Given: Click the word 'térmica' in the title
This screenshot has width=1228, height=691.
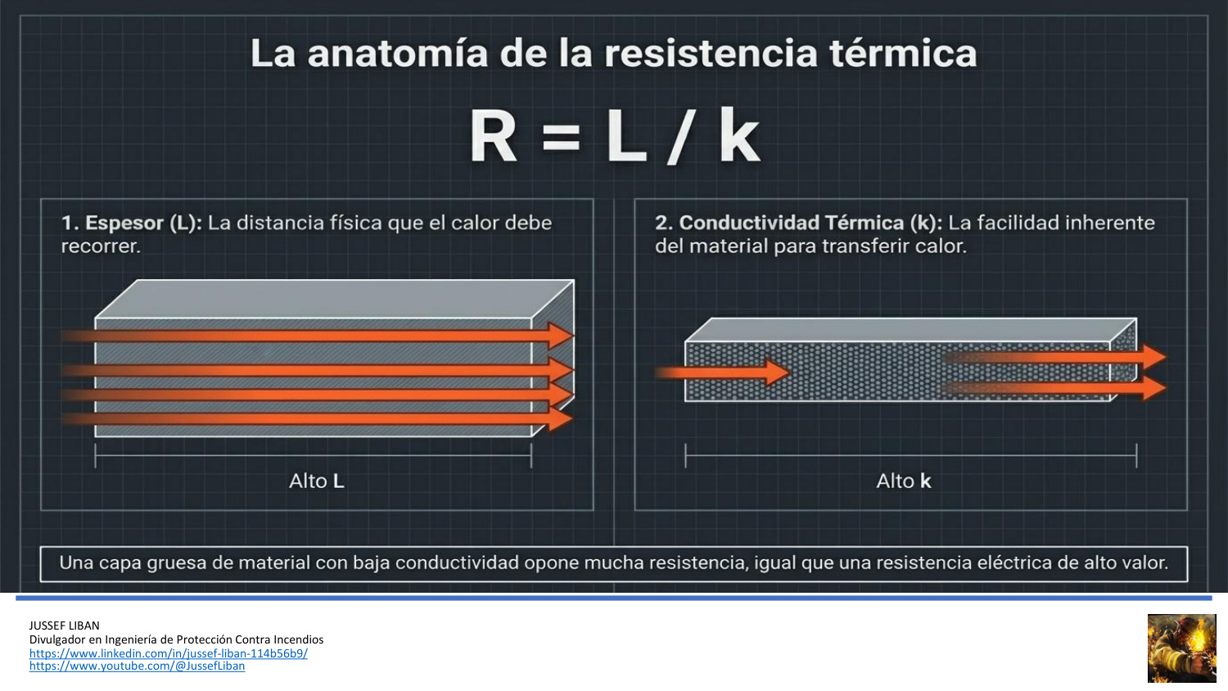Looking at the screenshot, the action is point(903,53).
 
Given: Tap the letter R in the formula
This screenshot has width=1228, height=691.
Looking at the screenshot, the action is point(492,136).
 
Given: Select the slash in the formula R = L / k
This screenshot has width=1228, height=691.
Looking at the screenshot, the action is point(679,137).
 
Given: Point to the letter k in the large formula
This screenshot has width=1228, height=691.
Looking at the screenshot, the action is point(739,135).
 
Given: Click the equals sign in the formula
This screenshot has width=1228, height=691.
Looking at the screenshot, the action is point(560,137).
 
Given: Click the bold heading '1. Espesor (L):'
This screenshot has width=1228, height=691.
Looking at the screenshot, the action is point(132,223).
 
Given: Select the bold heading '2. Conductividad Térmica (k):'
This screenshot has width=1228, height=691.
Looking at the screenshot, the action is point(798,223).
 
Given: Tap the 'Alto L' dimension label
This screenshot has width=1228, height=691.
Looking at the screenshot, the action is point(316,481).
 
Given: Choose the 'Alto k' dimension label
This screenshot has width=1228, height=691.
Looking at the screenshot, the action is point(903,481).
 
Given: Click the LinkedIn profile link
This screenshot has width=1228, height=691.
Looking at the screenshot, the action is point(169,653).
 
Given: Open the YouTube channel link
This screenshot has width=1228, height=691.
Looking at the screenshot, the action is point(137,666).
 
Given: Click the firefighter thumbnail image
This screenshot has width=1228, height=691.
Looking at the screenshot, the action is point(1181,648).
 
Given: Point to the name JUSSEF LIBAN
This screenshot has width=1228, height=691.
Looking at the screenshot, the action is point(64,626).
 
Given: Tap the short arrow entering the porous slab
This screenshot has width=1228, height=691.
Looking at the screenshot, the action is point(723,373).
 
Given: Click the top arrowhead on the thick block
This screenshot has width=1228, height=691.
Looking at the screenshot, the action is point(560,335).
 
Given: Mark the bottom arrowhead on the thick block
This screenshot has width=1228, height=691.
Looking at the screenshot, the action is point(560,419).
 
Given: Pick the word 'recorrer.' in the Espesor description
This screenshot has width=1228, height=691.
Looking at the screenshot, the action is point(101,246).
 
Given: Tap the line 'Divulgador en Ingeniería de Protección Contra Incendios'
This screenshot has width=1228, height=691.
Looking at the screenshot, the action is point(176,639).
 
